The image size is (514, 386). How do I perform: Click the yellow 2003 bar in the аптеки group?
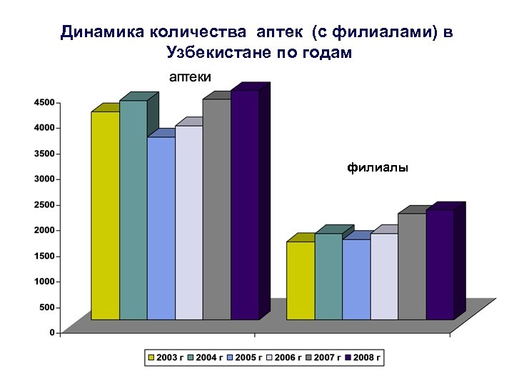105,214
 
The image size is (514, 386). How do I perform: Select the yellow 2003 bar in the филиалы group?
301,280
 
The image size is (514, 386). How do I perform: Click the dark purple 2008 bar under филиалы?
440,264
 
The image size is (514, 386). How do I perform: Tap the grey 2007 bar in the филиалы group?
412,266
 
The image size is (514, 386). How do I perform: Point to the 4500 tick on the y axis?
44,102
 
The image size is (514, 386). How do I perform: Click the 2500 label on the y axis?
44,204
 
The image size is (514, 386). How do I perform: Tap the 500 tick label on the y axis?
46,307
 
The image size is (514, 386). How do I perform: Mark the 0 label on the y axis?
51,332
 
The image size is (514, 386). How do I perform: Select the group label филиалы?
378,168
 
